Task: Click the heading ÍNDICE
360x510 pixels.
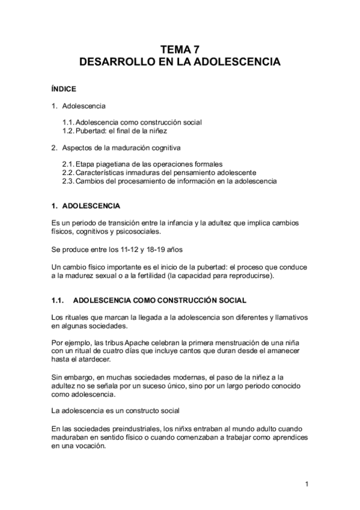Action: tap(64, 89)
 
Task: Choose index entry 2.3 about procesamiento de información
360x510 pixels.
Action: tap(169, 180)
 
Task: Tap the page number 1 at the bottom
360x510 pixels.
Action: tap(307, 484)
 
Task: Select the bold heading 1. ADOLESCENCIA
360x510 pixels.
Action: tap(87, 206)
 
